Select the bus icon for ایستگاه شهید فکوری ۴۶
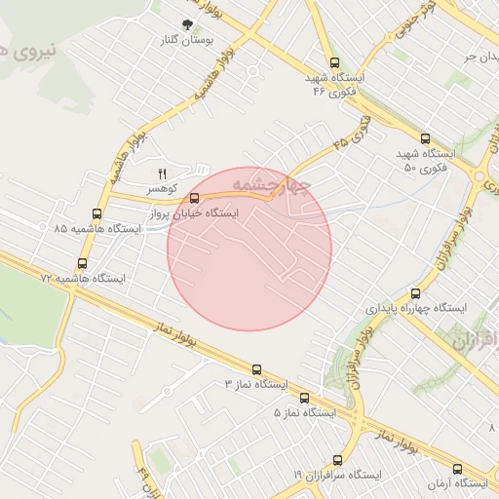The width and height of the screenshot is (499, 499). [x=336, y=60]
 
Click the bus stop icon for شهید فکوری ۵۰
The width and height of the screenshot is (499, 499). [x=424, y=138]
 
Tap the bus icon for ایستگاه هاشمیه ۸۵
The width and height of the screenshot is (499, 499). [x=96, y=213]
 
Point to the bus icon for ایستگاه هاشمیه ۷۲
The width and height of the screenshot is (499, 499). [x=82, y=263]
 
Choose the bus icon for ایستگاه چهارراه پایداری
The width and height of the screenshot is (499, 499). [x=416, y=292]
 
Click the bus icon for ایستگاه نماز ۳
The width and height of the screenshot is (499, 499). [x=256, y=369]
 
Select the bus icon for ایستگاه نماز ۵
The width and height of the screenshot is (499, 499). [x=304, y=398]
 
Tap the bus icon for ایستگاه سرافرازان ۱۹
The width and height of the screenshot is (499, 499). [x=337, y=459]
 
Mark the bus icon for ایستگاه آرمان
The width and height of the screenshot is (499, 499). [x=457, y=469]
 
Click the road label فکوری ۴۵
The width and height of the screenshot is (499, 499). [x=353, y=134]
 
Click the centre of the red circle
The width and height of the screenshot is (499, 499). [x=249, y=249]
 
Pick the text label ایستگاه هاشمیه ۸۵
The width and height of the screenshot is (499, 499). [x=97, y=228]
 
